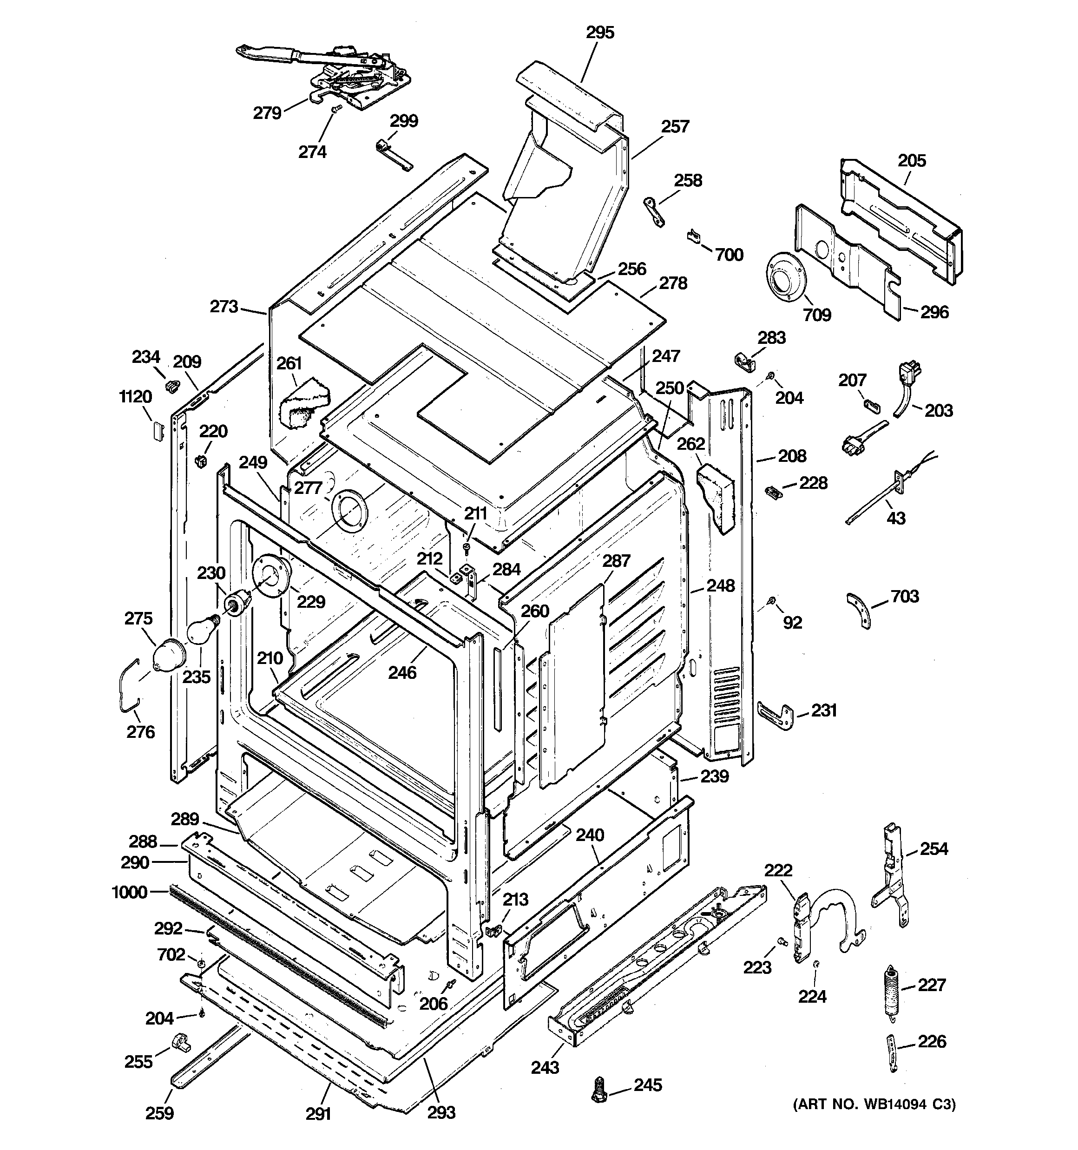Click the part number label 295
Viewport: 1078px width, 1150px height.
(599, 33)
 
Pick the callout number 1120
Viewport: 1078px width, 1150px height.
(135, 397)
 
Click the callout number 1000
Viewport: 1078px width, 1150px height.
(129, 892)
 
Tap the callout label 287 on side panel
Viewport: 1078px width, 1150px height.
(616, 560)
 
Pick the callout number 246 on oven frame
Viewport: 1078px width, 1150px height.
(402, 672)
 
